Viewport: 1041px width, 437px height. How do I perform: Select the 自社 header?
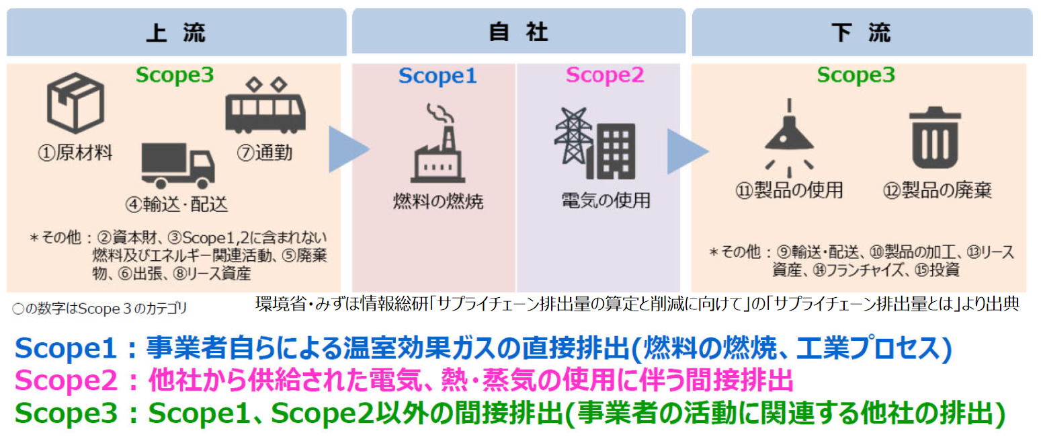tap(519, 32)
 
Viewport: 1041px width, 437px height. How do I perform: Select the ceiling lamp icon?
tap(788, 134)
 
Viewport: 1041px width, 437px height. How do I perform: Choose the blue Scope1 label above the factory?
tap(438, 76)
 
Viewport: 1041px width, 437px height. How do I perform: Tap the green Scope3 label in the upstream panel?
tap(174, 75)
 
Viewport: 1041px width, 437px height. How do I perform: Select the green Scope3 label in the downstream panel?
tap(856, 75)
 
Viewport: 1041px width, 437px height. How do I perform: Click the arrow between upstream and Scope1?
tap(347, 148)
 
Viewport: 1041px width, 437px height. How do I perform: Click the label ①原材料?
tap(75, 153)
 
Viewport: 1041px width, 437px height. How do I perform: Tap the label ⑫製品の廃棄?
tap(937, 191)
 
